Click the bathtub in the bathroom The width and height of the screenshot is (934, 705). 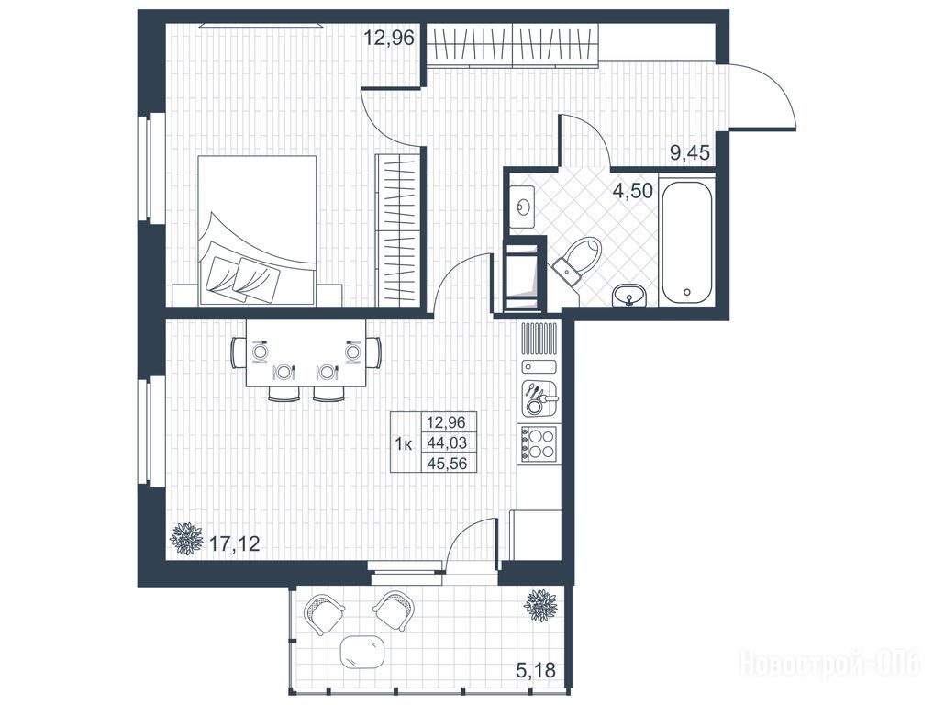coord(686,241)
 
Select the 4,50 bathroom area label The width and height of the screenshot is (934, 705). coord(632,191)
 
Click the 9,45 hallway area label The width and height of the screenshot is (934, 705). coord(690,153)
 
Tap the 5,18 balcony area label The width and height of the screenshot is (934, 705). coord(536,670)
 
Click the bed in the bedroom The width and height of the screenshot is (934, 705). coord(257,230)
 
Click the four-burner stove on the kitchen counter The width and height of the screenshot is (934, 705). coord(538,443)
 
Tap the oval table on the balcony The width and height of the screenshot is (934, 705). coord(362,652)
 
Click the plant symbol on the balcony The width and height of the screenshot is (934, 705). coord(541,605)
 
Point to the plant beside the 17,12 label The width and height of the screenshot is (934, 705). coord(186,539)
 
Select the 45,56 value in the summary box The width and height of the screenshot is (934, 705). coord(447,463)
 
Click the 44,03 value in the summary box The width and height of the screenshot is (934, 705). coord(447,442)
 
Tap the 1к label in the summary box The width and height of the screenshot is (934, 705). coord(405,443)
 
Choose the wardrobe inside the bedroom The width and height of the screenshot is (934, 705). coord(398,230)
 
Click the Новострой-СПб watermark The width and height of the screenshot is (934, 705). coord(829,664)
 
